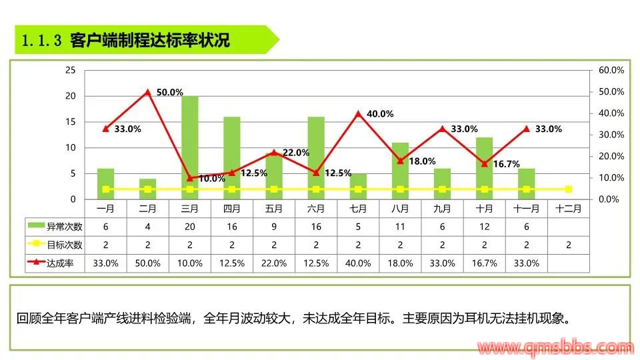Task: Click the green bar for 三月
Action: click(x=189, y=147)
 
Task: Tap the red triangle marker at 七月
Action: click(x=358, y=114)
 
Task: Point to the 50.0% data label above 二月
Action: click(x=169, y=93)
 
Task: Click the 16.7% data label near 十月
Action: click(x=506, y=163)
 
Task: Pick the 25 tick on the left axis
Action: click(x=70, y=70)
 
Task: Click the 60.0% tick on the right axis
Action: click(x=611, y=70)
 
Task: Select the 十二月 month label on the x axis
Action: click(x=568, y=208)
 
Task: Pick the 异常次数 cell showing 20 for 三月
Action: click(x=189, y=227)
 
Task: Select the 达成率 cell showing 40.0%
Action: click(x=358, y=263)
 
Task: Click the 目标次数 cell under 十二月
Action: click(x=568, y=245)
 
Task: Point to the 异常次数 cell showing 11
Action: click(x=400, y=227)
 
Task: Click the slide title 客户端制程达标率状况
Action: click(x=150, y=40)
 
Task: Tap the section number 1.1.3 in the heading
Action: click(x=41, y=41)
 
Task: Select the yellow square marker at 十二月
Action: click(x=568, y=189)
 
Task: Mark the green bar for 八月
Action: click(x=400, y=171)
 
